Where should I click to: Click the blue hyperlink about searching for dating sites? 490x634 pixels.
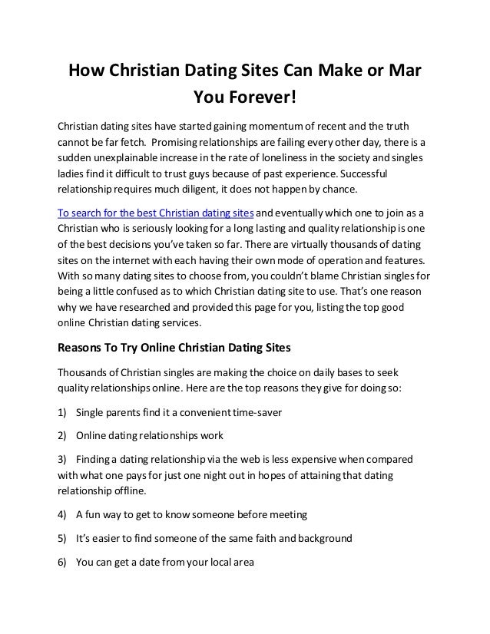pos(155,213)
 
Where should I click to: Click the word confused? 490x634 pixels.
pos(145,292)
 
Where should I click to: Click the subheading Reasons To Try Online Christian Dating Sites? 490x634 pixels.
pos(175,347)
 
